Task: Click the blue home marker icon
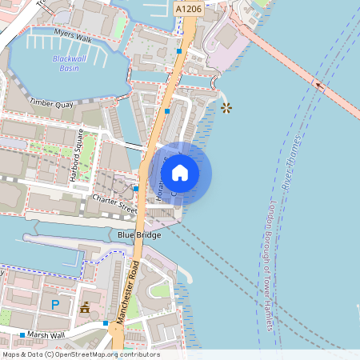tap(180, 172)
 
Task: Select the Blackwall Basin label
tap(70, 64)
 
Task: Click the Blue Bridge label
tap(139, 234)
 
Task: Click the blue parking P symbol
tap(55, 305)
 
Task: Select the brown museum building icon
tap(85, 307)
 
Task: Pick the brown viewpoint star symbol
tap(226, 107)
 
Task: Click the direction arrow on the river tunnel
tap(319, 83)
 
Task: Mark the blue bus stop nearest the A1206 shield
tap(179, 51)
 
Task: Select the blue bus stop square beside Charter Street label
tap(137, 189)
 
